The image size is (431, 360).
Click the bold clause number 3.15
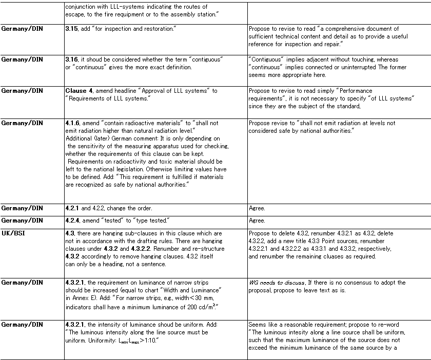point(72,29)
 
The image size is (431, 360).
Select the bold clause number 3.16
point(72,59)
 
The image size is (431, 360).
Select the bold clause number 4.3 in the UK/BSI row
point(70,233)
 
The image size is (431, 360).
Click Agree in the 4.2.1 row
point(257,208)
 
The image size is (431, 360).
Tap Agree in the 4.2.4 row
point(257,221)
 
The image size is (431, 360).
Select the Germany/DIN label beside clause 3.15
point(22,29)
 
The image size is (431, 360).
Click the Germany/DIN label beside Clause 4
point(22,91)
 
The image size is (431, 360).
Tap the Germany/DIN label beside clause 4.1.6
point(22,123)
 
